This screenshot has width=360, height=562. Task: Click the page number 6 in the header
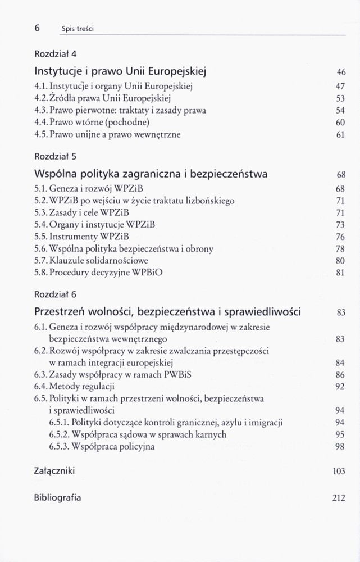37,27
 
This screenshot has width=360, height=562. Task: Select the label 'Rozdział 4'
55,54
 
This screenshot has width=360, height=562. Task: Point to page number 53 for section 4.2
340,98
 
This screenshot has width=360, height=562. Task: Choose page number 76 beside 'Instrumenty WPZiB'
340,237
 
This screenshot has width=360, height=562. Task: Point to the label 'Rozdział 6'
55,294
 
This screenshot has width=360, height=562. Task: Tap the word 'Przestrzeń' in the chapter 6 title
62,311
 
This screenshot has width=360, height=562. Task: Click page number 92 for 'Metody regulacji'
340,387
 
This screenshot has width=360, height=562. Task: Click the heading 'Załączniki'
54,470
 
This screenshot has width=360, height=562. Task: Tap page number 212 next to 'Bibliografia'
339,498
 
